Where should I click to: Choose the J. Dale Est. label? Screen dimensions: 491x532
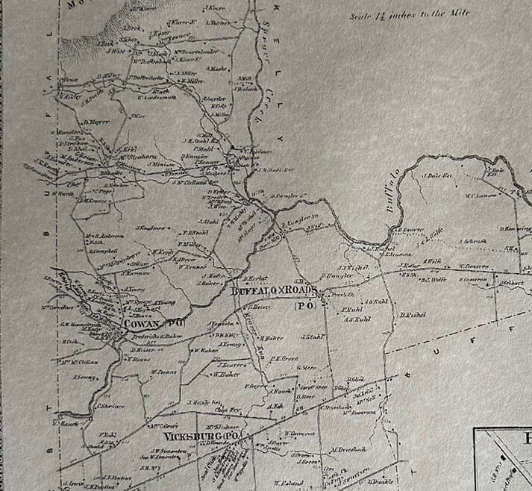point(438,176)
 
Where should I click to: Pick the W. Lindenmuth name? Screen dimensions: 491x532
point(159,96)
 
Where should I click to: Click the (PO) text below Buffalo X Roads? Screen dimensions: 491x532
point(304,305)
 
